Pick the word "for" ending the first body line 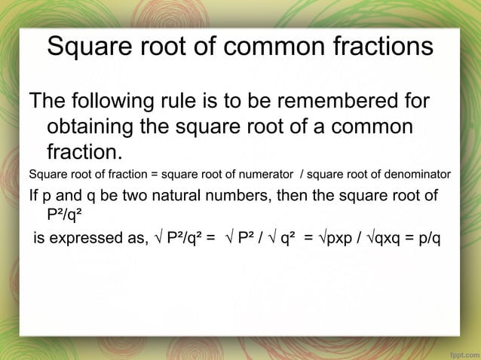(414, 102)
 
